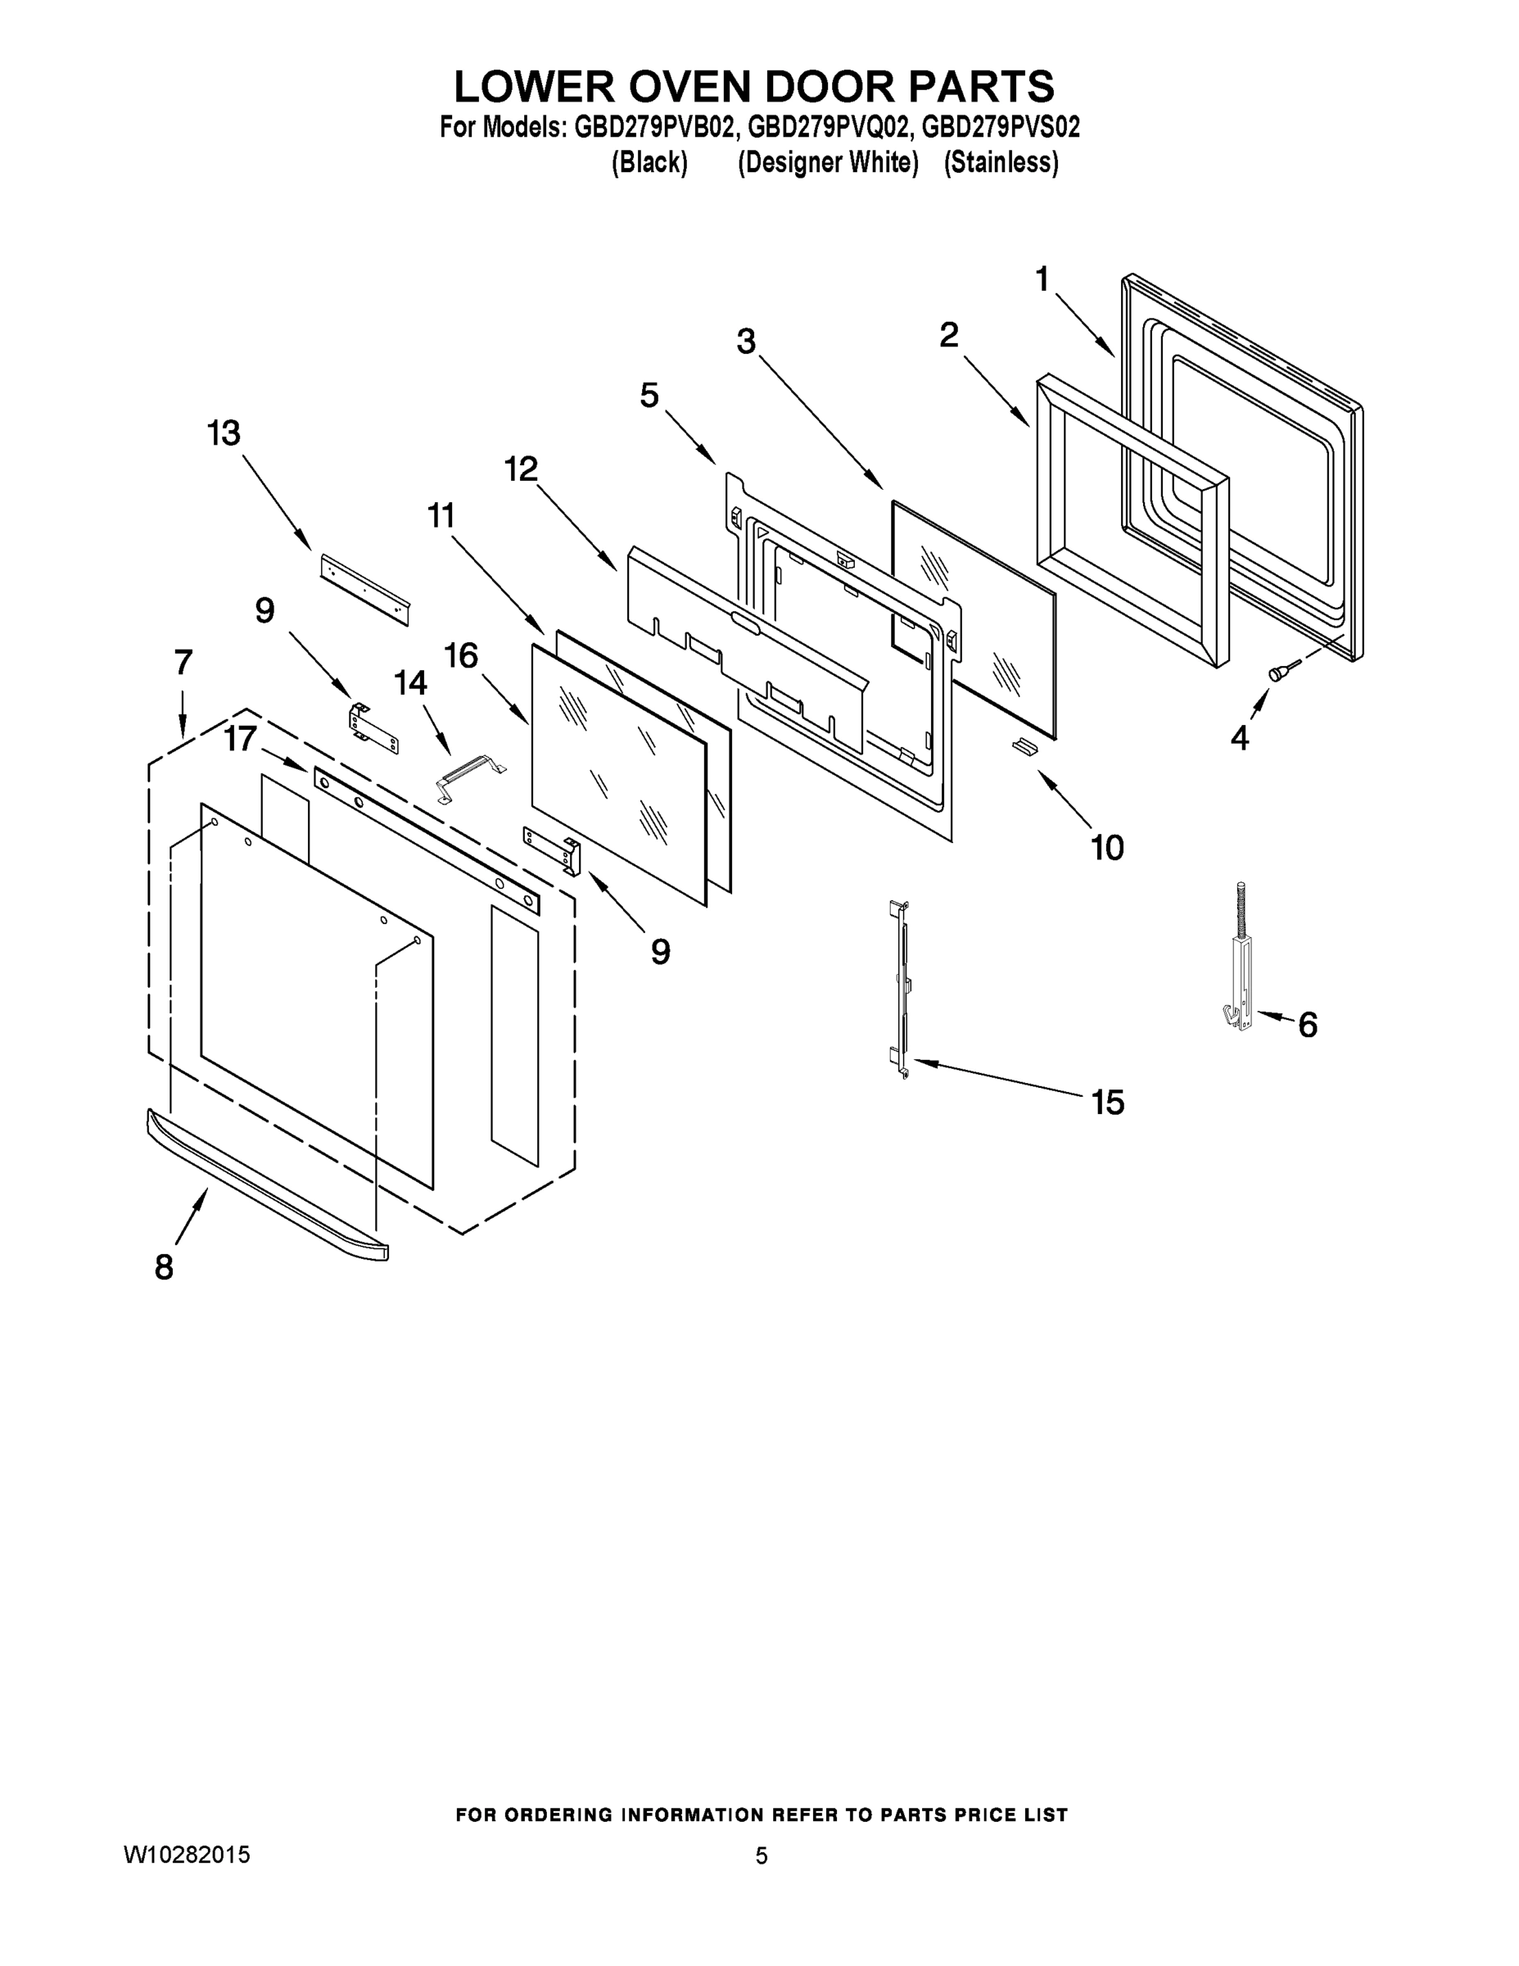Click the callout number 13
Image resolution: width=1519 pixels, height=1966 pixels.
pyautogui.click(x=224, y=434)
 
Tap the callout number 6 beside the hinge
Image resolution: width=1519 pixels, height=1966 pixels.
pyautogui.click(x=1308, y=1025)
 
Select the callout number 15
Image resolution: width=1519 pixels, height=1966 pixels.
pyautogui.click(x=1108, y=1102)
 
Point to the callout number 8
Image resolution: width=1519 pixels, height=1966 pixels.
pyautogui.click(x=164, y=1267)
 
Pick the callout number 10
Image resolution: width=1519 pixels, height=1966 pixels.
pyautogui.click(x=1107, y=847)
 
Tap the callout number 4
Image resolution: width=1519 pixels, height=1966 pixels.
pyautogui.click(x=1239, y=738)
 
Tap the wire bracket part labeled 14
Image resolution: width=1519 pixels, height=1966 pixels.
pyautogui.click(x=470, y=775)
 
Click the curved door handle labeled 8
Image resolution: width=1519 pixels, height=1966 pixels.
pyautogui.click(x=266, y=1185)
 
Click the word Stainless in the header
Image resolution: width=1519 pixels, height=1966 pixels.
pyautogui.click(x=1001, y=163)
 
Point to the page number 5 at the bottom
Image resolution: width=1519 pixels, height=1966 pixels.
pyautogui.click(x=762, y=1855)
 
